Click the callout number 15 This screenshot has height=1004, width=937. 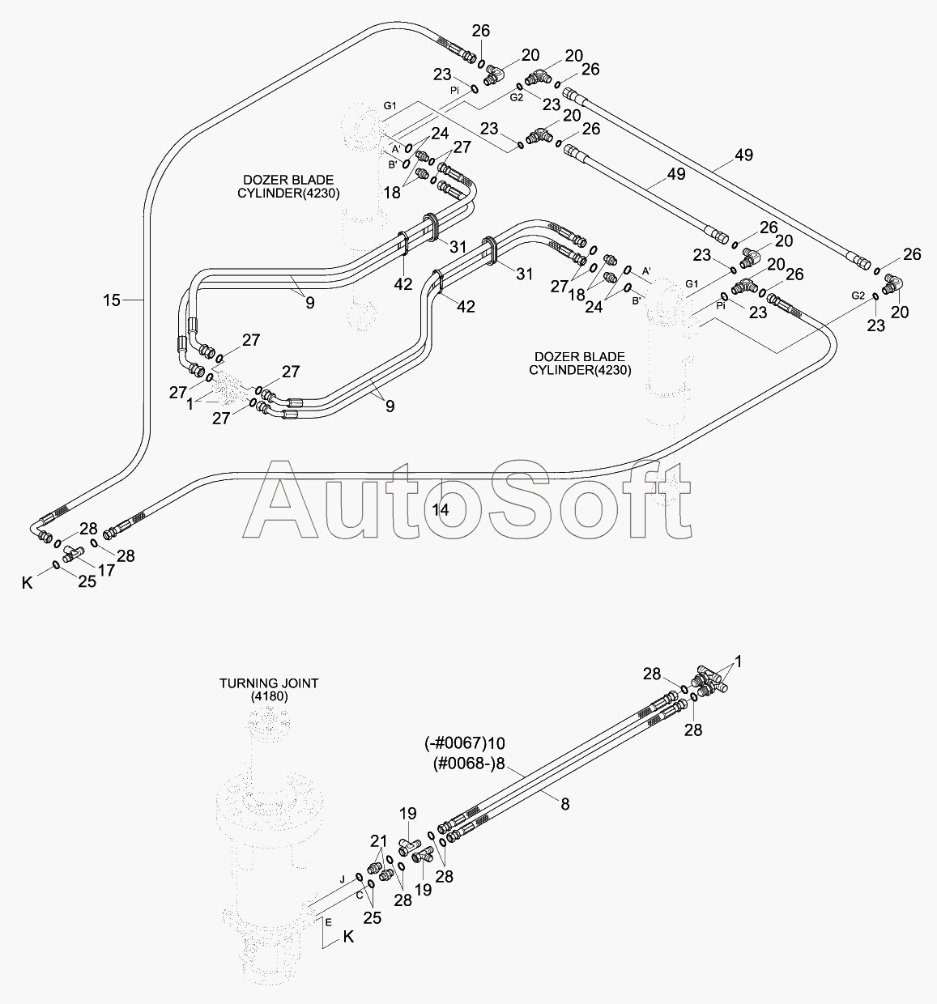click(x=112, y=300)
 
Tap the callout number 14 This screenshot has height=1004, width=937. click(x=441, y=509)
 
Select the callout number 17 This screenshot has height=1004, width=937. click(x=106, y=569)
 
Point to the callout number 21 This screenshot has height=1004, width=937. click(x=379, y=840)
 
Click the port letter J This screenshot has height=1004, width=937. click(x=342, y=878)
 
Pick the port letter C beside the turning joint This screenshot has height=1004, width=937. click(x=358, y=896)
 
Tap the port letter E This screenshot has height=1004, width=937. click(x=328, y=921)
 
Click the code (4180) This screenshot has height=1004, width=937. click(x=269, y=696)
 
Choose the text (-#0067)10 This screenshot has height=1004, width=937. click(x=465, y=742)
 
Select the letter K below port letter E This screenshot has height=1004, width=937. click(x=348, y=937)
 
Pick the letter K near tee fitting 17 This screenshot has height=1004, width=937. click(x=28, y=582)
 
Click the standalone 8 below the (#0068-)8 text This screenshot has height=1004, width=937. click(x=564, y=803)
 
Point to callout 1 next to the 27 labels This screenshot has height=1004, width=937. click(x=190, y=402)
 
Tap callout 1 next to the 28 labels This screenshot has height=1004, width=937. click(x=738, y=661)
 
